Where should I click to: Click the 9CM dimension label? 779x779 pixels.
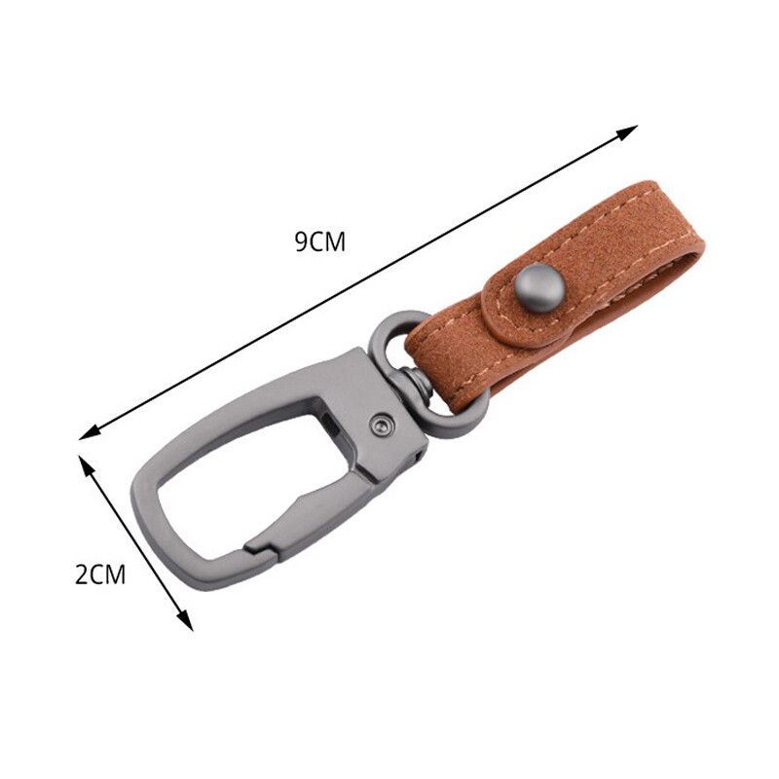(x=319, y=241)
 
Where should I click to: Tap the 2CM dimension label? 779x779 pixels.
(x=101, y=575)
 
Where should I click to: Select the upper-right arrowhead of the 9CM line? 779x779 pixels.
(x=630, y=130)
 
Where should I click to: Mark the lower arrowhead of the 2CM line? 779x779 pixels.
(x=185, y=622)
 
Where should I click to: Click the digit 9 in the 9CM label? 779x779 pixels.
(x=302, y=241)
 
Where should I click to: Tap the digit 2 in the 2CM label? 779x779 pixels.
(x=82, y=575)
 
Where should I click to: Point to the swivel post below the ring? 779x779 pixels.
(x=416, y=384)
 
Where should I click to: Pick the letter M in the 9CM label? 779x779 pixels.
(x=334, y=241)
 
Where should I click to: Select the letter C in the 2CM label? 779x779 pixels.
(x=97, y=575)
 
